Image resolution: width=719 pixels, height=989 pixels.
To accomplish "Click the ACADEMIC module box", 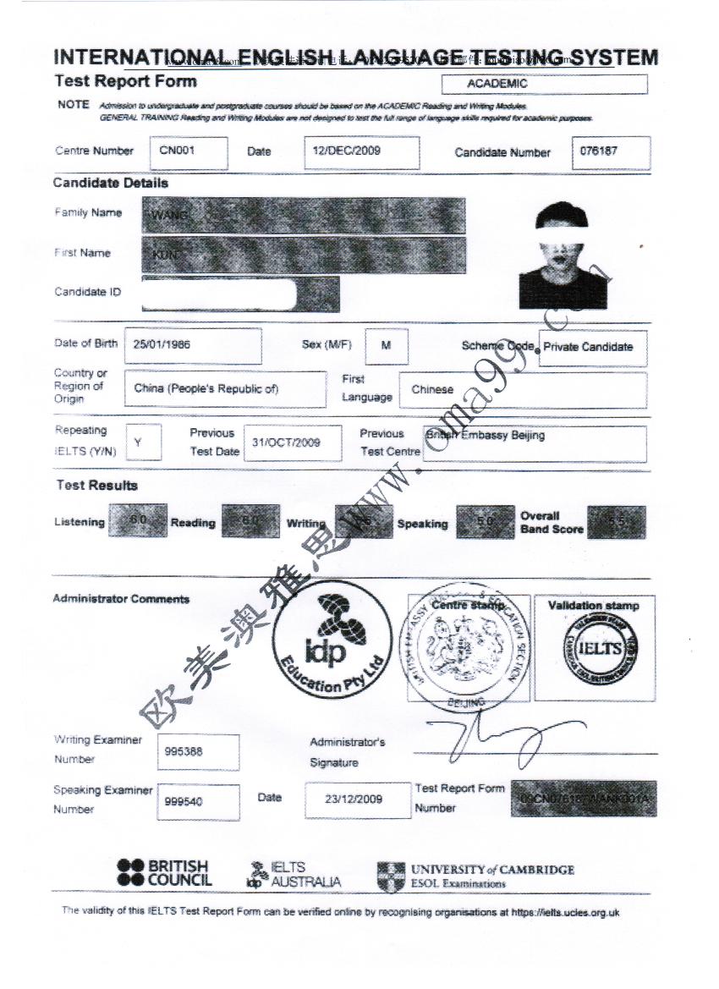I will [x=544, y=85].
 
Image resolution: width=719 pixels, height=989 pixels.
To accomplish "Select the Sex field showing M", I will [x=387, y=345].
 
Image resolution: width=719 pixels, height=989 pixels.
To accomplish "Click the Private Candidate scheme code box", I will [x=592, y=347].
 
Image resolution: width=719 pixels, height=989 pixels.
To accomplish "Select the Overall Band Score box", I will [x=616, y=523].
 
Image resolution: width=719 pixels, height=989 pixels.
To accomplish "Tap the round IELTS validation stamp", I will [x=594, y=648].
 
